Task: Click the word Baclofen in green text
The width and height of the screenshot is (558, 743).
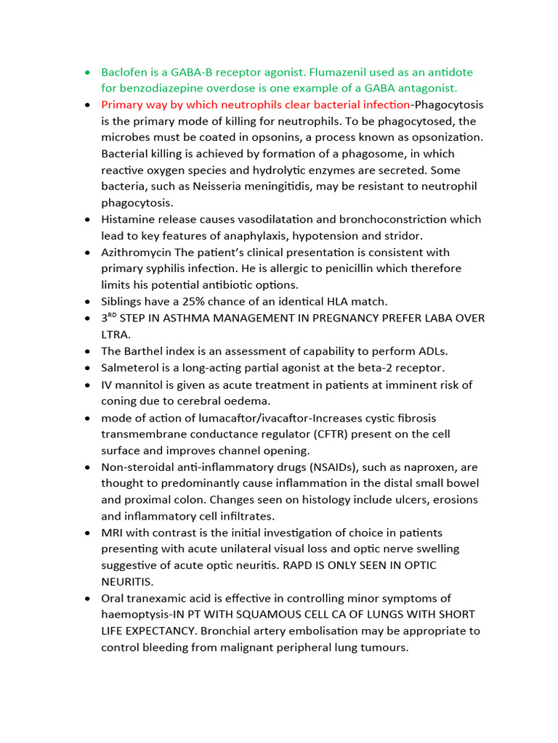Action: coord(124,72)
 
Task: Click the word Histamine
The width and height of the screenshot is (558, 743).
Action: coord(128,219)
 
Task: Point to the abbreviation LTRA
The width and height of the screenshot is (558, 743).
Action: coord(115,334)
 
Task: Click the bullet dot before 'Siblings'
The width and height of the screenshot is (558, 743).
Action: coord(87,301)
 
